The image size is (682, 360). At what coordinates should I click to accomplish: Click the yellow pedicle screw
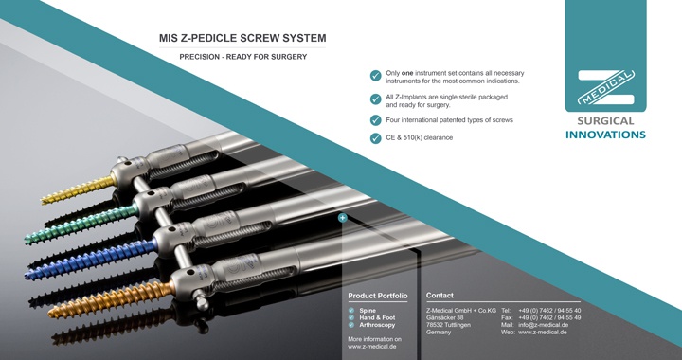(x=79, y=190)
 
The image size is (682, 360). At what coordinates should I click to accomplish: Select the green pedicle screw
(x=81, y=225)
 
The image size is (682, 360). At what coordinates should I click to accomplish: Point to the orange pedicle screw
(x=111, y=299)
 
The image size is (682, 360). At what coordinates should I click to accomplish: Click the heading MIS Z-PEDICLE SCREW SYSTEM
(x=242, y=38)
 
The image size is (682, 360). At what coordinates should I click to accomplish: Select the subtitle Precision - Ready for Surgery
(x=243, y=57)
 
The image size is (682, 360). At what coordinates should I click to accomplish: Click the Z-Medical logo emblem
(x=605, y=87)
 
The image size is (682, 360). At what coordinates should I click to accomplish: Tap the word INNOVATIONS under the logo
(x=605, y=135)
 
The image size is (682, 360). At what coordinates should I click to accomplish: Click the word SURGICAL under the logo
(x=605, y=121)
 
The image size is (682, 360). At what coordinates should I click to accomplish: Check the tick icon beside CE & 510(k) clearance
(x=375, y=137)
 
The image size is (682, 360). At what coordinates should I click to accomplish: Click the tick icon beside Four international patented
(x=375, y=120)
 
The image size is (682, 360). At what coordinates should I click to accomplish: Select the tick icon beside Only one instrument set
(x=375, y=76)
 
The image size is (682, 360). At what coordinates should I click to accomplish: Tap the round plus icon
(x=343, y=217)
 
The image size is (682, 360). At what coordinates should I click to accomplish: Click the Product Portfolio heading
(x=378, y=296)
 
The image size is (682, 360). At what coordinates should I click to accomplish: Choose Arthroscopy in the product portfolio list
(x=377, y=325)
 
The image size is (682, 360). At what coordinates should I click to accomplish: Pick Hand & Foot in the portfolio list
(x=377, y=317)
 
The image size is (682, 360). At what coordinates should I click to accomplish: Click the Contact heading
(x=440, y=296)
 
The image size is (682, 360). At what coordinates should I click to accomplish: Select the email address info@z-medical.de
(x=544, y=325)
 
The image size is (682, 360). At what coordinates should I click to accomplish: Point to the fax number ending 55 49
(x=549, y=317)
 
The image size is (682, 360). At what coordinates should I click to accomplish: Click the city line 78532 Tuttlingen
(x=448, y=325)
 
